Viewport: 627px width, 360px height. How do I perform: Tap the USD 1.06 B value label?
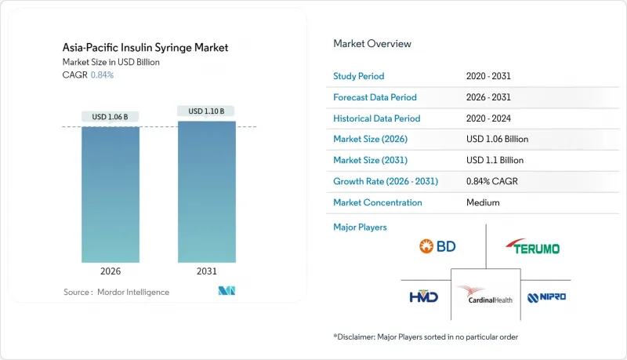110,117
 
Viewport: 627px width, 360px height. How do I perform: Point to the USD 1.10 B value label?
206,111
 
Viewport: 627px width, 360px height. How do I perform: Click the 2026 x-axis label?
111,271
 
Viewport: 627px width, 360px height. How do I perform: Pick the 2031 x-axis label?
206,271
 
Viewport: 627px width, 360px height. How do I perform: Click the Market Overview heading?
372,43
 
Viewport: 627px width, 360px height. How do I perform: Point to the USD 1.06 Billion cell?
497,140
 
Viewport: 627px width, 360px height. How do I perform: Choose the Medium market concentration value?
482,202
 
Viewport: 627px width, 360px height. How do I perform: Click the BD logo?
437,247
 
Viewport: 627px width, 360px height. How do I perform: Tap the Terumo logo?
533,248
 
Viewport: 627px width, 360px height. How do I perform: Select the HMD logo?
423,296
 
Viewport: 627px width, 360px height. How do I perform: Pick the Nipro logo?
546,297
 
